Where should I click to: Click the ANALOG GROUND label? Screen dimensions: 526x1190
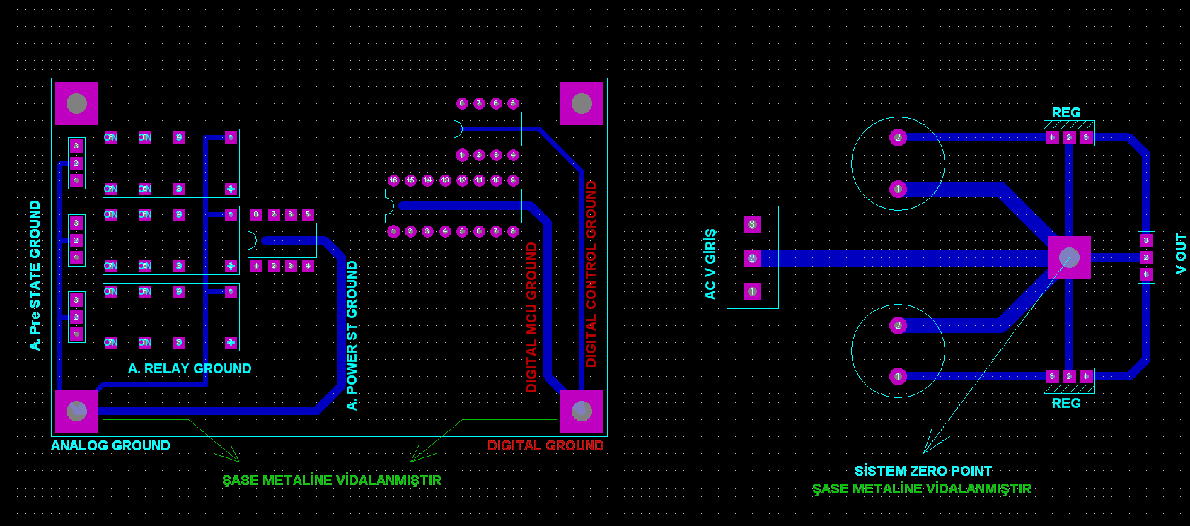pos(110,446)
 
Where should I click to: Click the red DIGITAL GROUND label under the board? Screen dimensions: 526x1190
pos(545,446)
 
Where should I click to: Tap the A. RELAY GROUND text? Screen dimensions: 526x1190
pos(190,368)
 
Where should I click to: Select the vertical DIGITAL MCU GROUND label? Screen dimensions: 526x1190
pos(531,317)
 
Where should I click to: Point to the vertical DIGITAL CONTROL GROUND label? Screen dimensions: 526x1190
pos(591,274)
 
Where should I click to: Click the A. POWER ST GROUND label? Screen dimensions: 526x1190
pos(352,335)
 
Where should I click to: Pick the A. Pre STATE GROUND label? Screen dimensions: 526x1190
pos(35,275)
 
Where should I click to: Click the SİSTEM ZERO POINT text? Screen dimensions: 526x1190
pos(923,471)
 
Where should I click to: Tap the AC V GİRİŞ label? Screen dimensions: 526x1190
pos(710,264)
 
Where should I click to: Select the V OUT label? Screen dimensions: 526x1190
pos(1180,253)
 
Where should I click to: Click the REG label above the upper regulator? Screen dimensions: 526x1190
pos(1065,112)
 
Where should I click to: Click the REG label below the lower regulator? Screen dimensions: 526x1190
pos(1065,403)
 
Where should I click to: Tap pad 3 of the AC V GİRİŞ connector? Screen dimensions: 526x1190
pos(752,225)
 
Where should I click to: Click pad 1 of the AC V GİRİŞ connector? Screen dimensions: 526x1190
pos(752,291)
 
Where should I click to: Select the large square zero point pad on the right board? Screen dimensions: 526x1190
pos(1068,257)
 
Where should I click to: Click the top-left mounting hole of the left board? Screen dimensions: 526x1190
pos(76,104)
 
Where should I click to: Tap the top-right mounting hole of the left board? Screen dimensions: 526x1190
pos(582,104)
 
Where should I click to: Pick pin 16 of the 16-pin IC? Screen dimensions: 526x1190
pos(393,180)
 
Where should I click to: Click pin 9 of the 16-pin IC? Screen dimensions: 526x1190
pos(513,180)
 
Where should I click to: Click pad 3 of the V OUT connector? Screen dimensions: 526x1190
pos(1146,240)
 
